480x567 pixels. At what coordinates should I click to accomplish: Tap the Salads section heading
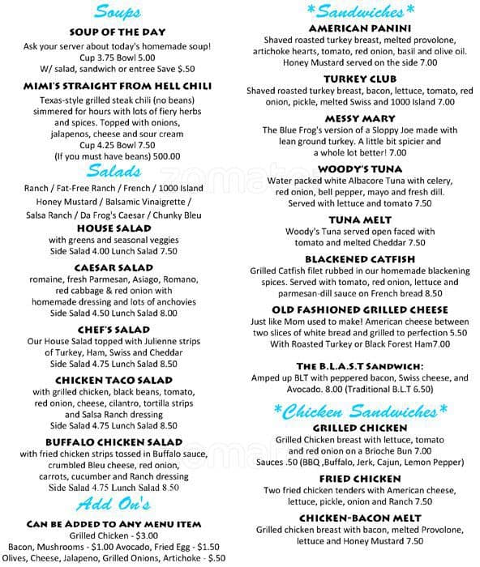[119, 170]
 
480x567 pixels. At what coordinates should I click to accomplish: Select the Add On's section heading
[119, 505]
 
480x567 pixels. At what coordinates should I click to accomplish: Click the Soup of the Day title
[119, 31]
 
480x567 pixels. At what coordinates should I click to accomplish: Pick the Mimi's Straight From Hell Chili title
[119, 86]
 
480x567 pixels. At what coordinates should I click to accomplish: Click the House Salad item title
[119, 228]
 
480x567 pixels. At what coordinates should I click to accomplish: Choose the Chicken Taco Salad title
[119, 379]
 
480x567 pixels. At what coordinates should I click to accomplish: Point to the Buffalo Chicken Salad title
[119, 441]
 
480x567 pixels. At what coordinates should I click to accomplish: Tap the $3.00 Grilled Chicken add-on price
[147, 536]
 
